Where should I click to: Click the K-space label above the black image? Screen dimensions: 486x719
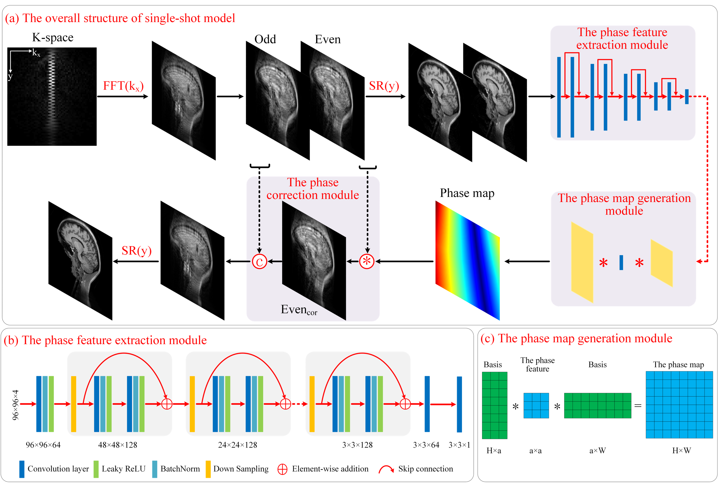pos(53,37)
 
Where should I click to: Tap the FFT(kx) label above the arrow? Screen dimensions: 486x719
pos(123,86)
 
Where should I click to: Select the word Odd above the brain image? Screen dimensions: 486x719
pos(265,39)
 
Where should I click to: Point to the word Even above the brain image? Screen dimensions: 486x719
pos(327,39)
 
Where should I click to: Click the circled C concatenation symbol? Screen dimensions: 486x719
pos(259,262)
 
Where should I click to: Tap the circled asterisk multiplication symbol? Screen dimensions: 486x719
pos(367,261)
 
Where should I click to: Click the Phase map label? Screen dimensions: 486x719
pos(467,193)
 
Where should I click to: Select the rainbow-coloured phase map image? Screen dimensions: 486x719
pos(467,260)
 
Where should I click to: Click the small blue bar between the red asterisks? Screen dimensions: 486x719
pos(621,262)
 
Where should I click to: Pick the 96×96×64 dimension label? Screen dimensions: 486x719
pos(43,445)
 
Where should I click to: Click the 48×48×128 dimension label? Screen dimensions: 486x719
pos(117,445)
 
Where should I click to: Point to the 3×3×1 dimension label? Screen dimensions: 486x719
pos(459,445)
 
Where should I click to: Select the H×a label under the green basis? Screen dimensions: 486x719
pos(494,450)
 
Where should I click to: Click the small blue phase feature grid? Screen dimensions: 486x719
pos(536,405)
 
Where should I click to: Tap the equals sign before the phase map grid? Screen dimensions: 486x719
pos(638,405)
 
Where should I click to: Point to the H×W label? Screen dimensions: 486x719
pos(681,450)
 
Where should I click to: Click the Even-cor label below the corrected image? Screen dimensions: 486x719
pos(299,310)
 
